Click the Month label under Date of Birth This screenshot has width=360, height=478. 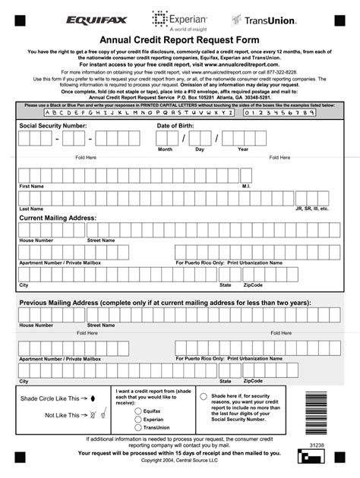(165, 149)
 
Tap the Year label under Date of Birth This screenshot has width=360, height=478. (243, 149)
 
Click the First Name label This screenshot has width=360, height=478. (31, 186)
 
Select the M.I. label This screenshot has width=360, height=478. (246, 186)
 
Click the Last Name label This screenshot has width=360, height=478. (31, 208)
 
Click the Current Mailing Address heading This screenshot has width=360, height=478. (58, 218)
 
